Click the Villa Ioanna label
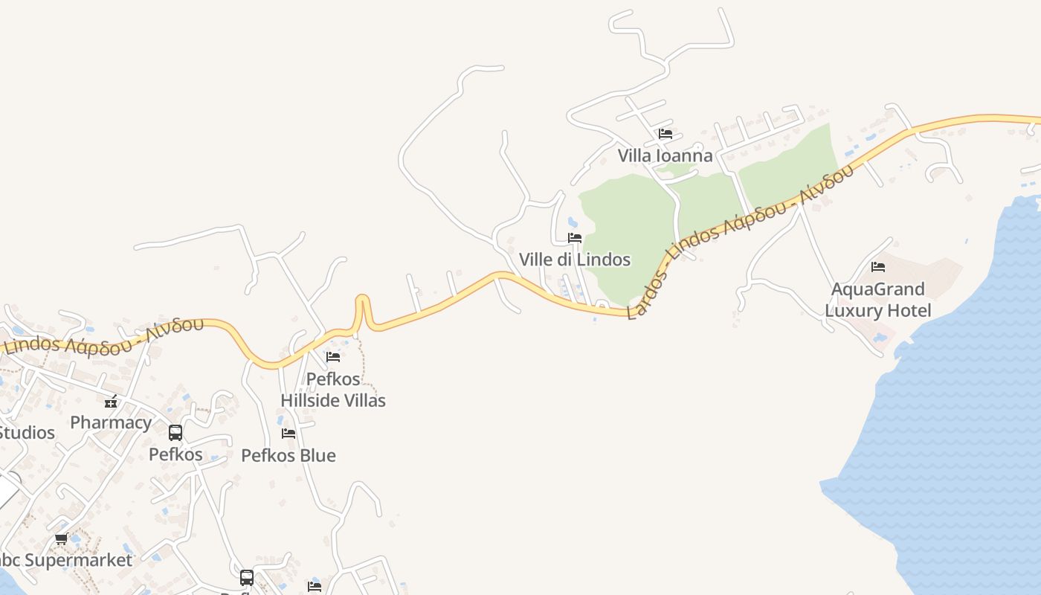click(x=665, y=155)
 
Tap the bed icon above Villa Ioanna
click(x=665, y=134)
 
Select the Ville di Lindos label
click(x=575, y=260)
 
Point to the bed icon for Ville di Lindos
click(x=575, y=238)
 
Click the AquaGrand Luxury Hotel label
click(x=878, y=300)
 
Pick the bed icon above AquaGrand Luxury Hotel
click(x=878, y=266)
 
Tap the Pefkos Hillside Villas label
click(x=333, y=390)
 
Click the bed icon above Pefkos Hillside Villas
click(x=333, y=357)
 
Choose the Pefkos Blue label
click(x=289, y=455)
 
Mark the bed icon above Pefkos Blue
click(x=289, y=433)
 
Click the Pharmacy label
click(x=111, y=422)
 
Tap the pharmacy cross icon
click(x=111, y=402)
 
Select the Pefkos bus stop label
click(x=175, y=454)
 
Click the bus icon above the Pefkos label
click(x=175, y=433)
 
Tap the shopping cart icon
click(x=61, y=538)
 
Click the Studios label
click(x=27, y=432)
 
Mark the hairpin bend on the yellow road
click(x=362, y=300)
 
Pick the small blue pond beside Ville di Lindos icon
click(x=571, y=222)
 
